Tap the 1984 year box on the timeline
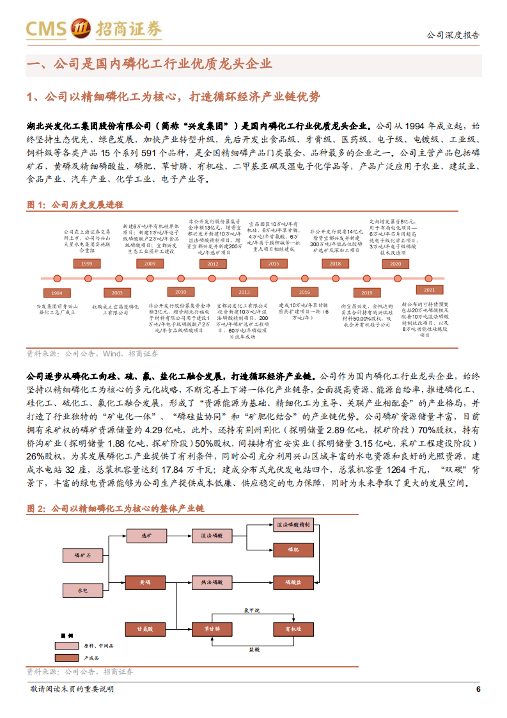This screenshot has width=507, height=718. click(x=57, y=292)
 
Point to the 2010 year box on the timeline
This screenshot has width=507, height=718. click(x=181, y=292)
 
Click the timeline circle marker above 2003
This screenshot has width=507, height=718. click(x=118, y=278)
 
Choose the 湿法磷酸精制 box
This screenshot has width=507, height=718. click(x=293, y=525)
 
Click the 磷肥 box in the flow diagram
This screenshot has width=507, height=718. click(x=293, y=549)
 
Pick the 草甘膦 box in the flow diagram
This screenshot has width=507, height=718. click(x=212, y=630)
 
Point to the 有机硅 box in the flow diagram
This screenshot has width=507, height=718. click(x=293, y=630)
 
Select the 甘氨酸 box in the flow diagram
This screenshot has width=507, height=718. click(x=146, y=630)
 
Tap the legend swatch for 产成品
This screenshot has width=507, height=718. click(x=68, y=658)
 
